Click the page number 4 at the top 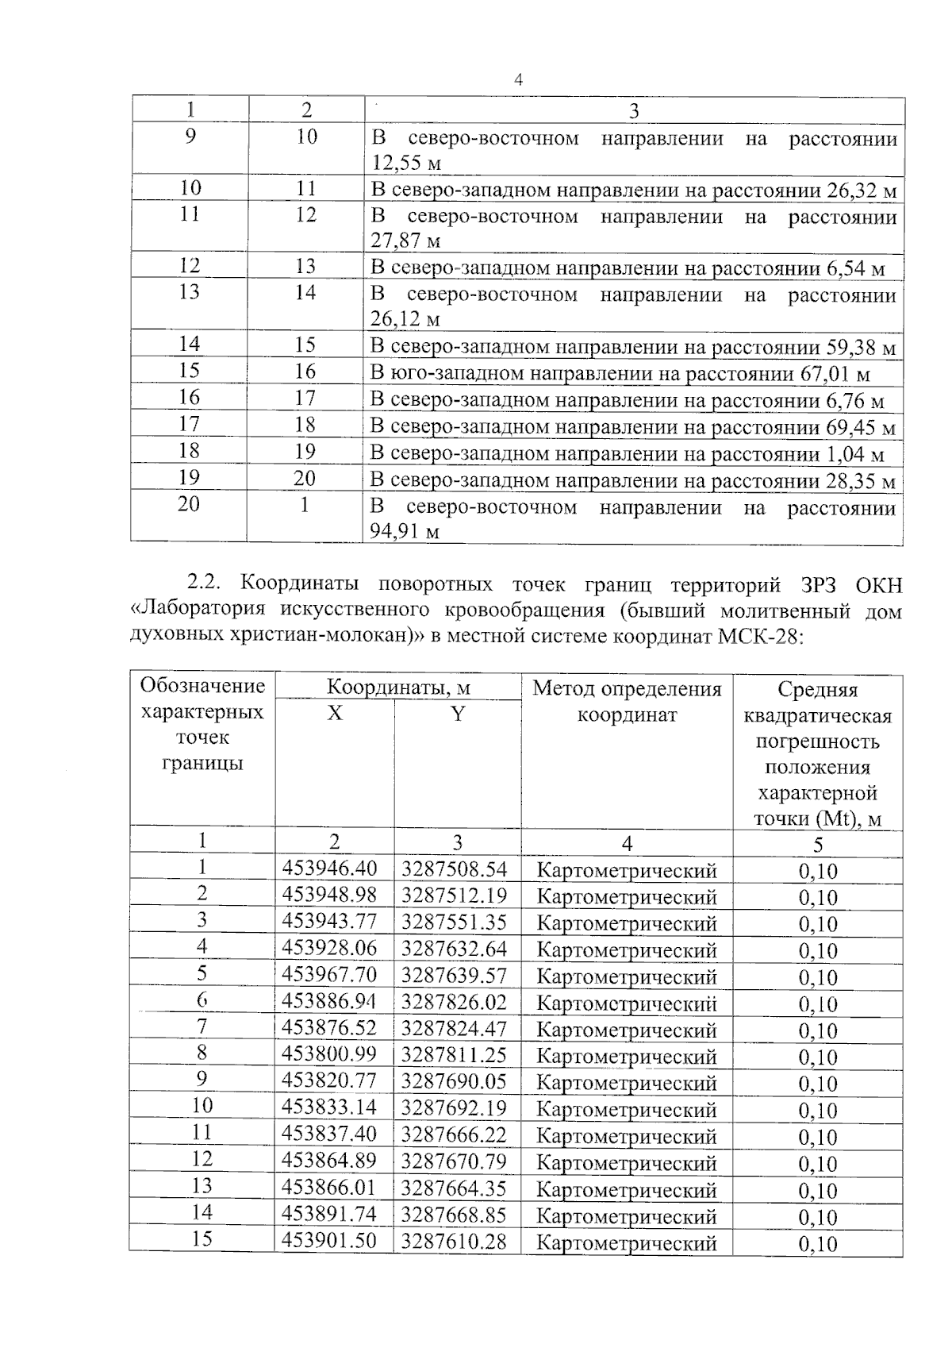(518, 79)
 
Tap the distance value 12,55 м (405, 164)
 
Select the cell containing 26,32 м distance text (633, 190)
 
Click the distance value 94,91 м (404, 532)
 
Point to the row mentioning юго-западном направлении (620, 373)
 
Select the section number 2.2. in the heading (208, 584)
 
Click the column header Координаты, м (398, 687)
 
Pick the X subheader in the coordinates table (335, 714)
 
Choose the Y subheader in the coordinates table (457, 714)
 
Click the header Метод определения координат (627, 701)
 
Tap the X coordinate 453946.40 (330, 869)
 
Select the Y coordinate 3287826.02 (454, 1002)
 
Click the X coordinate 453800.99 (329, 1055)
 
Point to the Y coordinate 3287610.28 (454, 1241)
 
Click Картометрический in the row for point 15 (627, 1242)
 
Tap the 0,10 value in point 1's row (818, 871)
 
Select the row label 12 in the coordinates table (202, 1159)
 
